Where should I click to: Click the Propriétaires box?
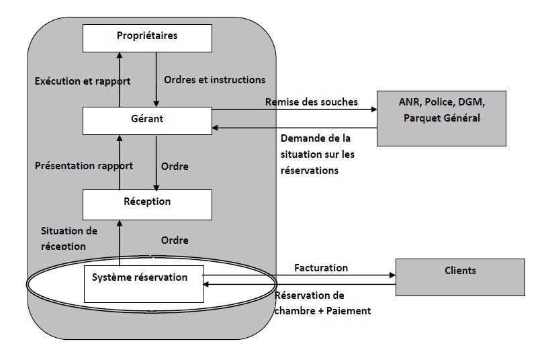(147, 37)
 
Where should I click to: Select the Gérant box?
(147, 120)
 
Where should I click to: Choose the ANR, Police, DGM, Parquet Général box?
(441, 118)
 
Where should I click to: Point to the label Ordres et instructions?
(215, 80)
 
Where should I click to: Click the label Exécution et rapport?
(83, 81)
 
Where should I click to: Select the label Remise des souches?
(312, 102)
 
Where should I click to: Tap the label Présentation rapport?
(84, 165)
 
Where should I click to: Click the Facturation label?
(321, 268)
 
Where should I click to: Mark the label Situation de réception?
(69, 238)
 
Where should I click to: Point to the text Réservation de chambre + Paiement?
(323, 303)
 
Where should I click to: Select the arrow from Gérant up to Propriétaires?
(120, 80)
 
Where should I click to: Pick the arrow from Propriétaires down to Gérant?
(157, 80)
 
